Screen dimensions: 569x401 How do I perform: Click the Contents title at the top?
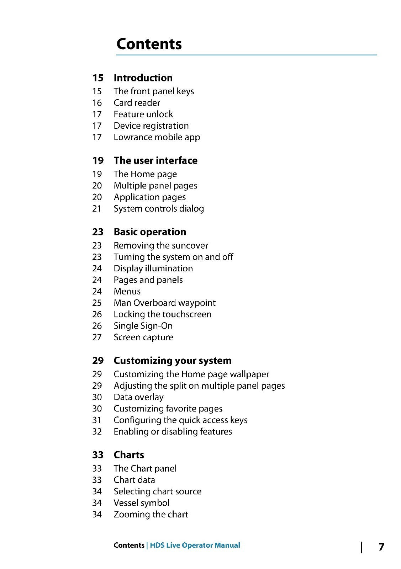[149, 44]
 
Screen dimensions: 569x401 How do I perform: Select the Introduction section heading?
[143, 78]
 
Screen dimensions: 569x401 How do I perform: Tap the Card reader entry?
[137, 103]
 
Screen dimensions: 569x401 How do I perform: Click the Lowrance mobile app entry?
[157, 137]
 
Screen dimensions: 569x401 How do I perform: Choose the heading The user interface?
[155, 161]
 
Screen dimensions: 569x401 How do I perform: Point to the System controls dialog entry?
[159, 209]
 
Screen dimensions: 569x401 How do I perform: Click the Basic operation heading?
[150, 232]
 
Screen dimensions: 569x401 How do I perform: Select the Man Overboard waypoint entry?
[164, 303]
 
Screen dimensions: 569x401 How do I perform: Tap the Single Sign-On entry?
[143, 326]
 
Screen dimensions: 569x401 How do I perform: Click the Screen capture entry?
[143, 337]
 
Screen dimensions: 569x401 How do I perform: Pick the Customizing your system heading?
[173, 361]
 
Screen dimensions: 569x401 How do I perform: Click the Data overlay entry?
[138, 397]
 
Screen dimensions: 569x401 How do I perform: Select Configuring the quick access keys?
[180, 420]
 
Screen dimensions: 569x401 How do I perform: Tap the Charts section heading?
[129, 455]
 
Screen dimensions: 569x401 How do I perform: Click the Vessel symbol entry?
[141, 503]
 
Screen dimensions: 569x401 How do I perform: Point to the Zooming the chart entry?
[151, 515]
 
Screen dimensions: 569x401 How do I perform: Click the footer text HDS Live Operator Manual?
[195, 546]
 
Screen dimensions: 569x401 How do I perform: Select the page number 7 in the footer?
[381, 547]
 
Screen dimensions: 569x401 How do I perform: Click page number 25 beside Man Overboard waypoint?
[97, 303]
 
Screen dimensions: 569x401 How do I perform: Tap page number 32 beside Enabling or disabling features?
[97, 432]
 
